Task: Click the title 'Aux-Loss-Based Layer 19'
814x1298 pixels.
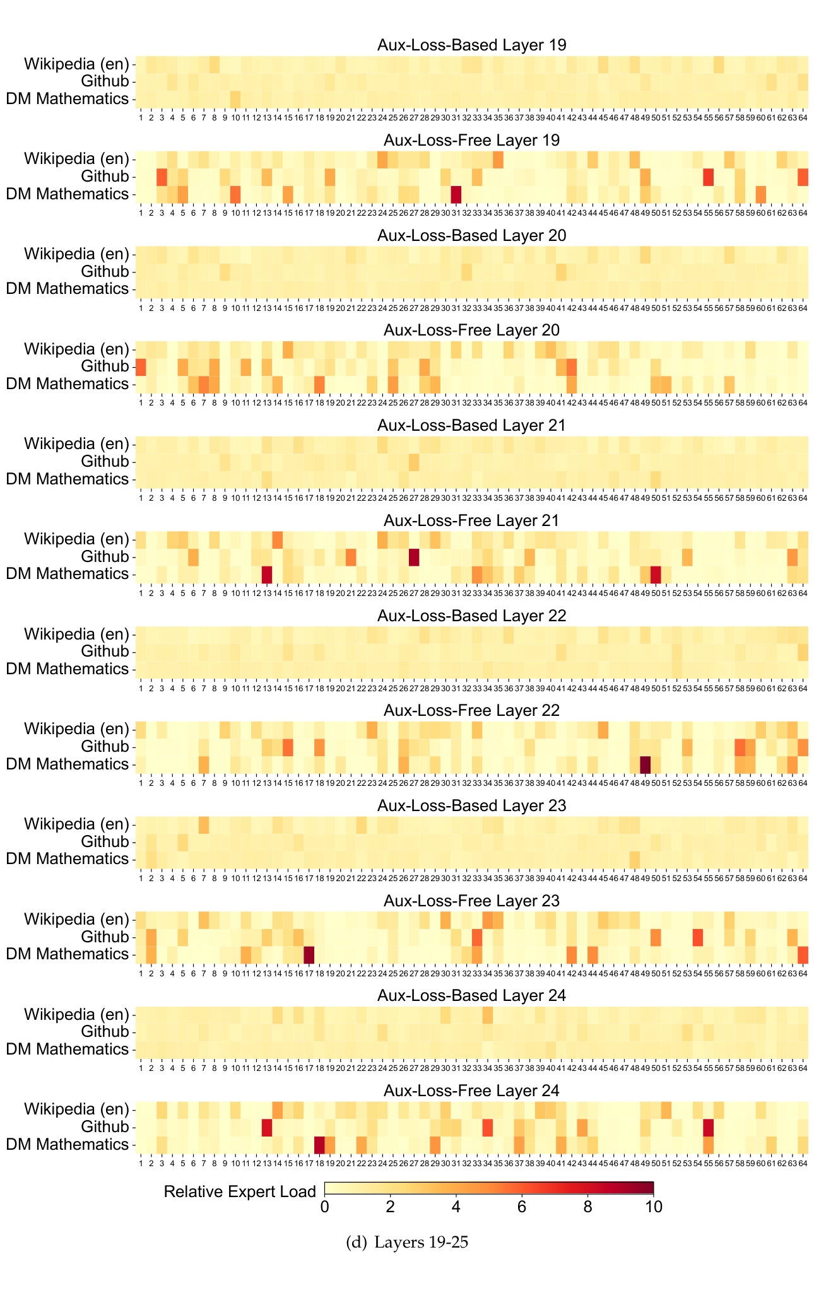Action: click(471, 45)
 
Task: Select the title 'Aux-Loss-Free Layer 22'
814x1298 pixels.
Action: click(471, 710)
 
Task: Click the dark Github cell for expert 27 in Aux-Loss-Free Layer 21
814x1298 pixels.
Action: click(414, 557)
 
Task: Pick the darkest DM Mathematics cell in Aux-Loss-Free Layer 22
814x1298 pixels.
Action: click(645, 764)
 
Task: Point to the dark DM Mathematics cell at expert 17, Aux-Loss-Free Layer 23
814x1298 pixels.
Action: click(309, 954)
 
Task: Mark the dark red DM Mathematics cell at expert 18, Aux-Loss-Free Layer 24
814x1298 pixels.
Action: click(319, 1144)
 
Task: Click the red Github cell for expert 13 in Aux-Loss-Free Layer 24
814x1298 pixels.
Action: click(267, 1127)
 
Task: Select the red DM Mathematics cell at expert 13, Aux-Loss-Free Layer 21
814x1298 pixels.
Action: click(267, 574)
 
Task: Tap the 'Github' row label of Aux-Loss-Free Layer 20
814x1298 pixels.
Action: click(105, 366)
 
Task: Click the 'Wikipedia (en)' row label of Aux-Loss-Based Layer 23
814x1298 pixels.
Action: click(76, 824)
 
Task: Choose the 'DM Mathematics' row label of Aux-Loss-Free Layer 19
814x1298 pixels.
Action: click(68, 194)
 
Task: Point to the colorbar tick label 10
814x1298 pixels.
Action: click(654, 1207)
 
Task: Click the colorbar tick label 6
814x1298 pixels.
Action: click(522, 1207)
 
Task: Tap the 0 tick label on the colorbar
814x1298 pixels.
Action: click(324, 1207)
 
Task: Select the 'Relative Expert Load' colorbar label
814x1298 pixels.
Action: click(240, 1191)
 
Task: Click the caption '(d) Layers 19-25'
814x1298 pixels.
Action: click(408, 1242)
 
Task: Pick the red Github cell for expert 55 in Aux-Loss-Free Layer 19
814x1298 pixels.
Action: click(708, 177)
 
